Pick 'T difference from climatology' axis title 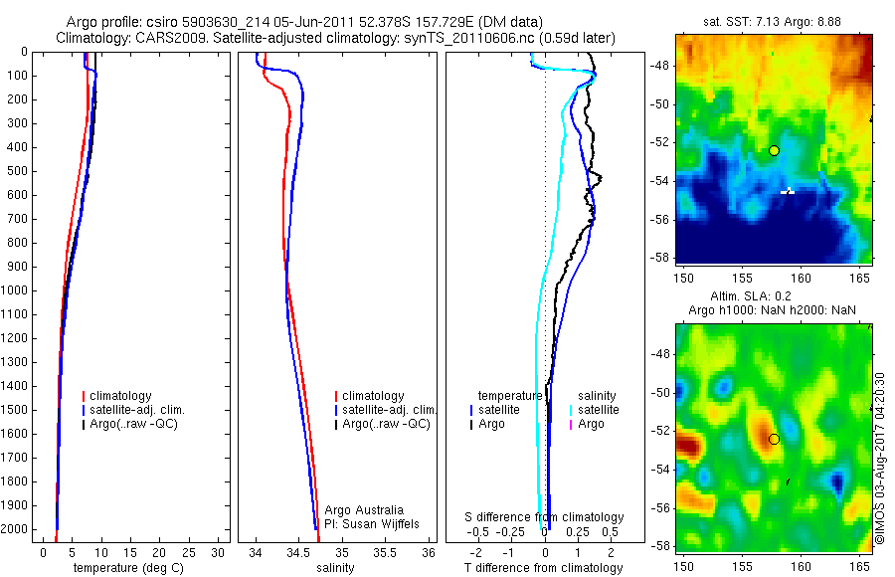coord(544,568)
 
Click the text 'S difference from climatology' coord(544,517)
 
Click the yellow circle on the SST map coord(774,150)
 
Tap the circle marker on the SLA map coord(774,439)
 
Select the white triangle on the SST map coord(789,189)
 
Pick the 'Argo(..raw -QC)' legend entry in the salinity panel coord(385,424)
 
